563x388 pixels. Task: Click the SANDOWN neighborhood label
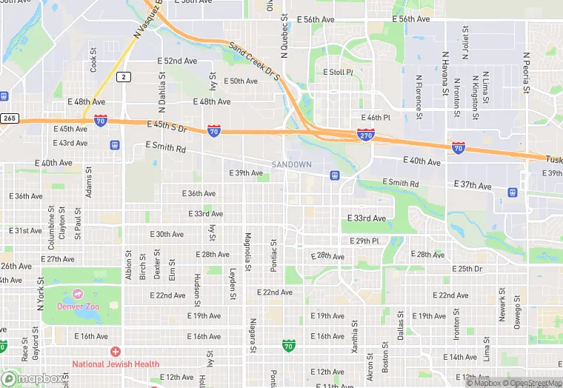point(291,164)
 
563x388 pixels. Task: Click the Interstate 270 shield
point(365,134)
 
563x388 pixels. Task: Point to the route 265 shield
point(8,118)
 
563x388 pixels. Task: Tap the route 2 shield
point(124,76)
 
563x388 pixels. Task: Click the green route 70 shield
point(289,345)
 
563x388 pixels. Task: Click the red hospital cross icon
point(115,352)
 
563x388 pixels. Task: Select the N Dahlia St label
point(161,90)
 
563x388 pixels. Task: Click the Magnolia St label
point(248,252)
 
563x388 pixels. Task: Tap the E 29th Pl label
point(364,241)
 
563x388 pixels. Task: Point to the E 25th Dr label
point(468,269)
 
